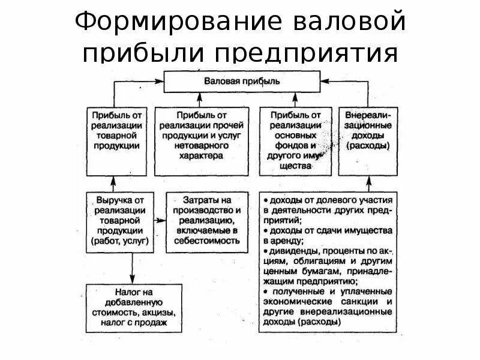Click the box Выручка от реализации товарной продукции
tap(116, 220)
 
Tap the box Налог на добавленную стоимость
tap(128, 308)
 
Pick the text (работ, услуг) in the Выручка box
tap(116, 241)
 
